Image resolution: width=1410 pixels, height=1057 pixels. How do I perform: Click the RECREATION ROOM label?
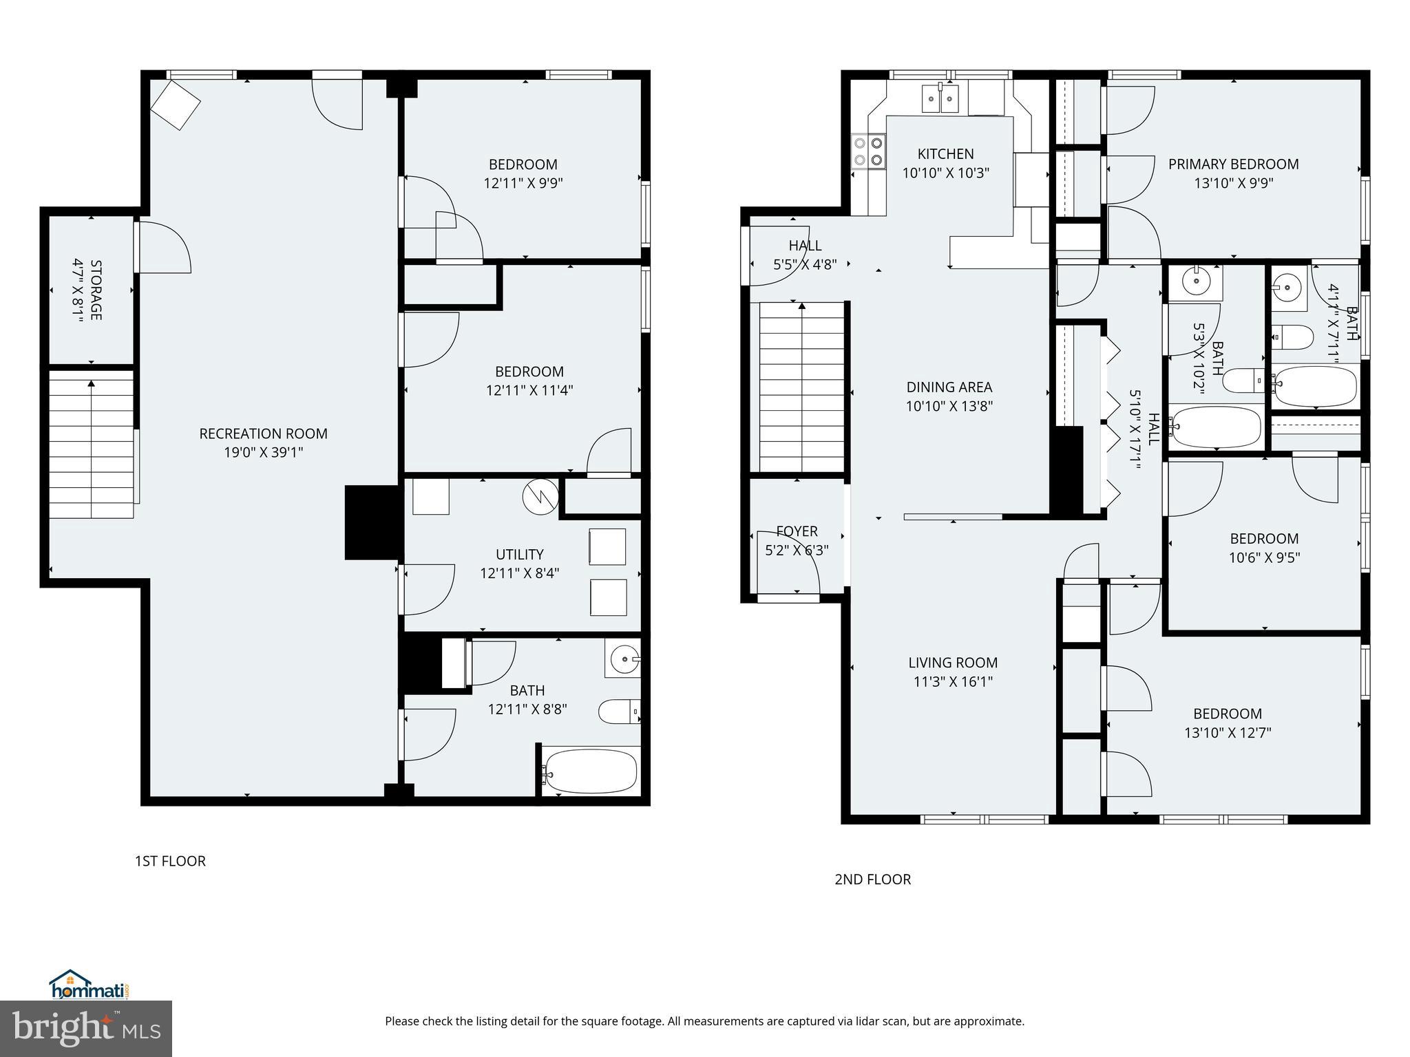263,434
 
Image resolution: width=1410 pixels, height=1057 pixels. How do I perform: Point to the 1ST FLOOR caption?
170,861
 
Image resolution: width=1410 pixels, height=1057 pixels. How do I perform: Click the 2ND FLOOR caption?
872,879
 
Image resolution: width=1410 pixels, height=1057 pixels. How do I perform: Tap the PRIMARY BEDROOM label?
1233,164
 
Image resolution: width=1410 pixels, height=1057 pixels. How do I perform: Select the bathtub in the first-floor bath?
591,773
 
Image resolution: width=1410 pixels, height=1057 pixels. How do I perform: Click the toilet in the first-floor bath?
619,712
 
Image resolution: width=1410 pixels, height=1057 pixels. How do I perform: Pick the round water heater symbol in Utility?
540,496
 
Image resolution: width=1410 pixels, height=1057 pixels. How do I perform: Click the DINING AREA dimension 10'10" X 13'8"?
949,406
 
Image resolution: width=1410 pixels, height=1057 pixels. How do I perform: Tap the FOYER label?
797,531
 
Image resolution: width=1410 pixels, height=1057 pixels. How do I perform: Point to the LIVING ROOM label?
953,663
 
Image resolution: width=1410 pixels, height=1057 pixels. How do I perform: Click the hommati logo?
89,985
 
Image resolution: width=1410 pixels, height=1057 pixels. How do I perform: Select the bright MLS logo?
86,1028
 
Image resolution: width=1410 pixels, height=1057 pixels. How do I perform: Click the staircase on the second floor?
801,387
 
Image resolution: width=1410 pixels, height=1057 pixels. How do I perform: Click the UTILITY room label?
519,554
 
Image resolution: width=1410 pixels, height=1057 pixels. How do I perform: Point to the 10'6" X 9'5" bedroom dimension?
1264,557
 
